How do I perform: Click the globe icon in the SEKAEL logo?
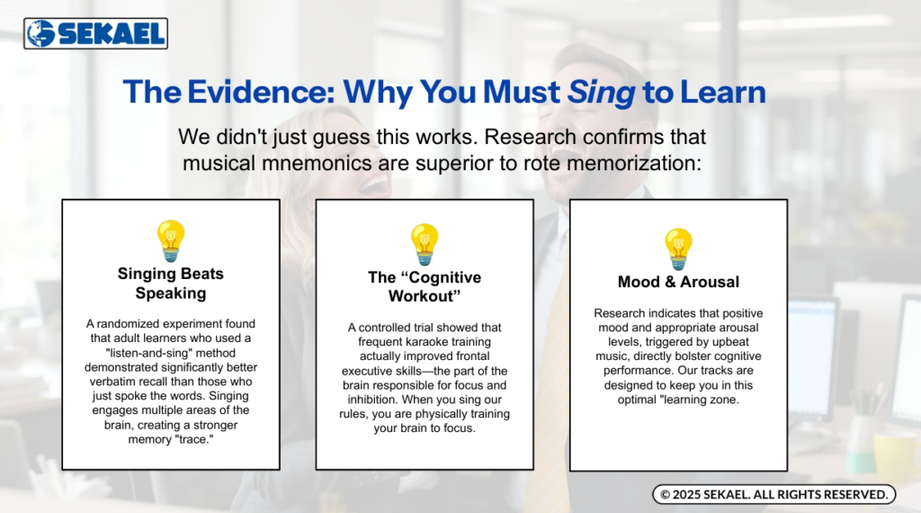(40, 33)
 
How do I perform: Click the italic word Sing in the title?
(600, 93)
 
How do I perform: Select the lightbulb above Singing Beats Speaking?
(171, 241)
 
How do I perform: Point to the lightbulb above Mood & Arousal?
(678, 249)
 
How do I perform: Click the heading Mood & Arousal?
(678, 282)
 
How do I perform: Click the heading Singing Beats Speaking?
(171, 283)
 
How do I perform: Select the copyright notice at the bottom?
(774, 494)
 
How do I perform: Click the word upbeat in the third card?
(729, 342)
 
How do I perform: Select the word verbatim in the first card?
(112, 382)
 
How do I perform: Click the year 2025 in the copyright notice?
(686, 495)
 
